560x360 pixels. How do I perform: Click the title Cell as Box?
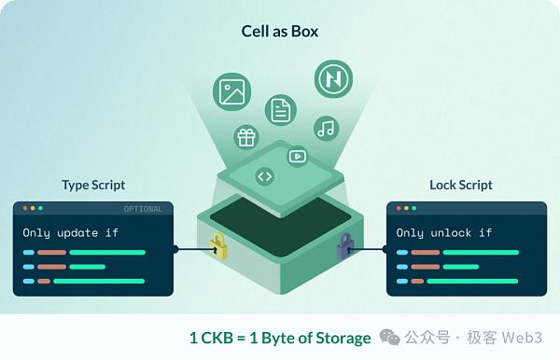(x=280, y=32)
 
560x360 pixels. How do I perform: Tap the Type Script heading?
(x=93, y=185)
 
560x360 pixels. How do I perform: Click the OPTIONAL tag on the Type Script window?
(x=143, y=209)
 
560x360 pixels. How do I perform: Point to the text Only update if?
(x=71, y=232)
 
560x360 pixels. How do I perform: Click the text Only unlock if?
(x=444, y=232)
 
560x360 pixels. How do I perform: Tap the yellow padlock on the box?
(x=217, y=246)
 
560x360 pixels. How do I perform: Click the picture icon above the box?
(x=231, y=91)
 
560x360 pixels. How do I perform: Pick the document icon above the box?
(x=279, y=111)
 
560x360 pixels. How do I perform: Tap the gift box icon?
(x=246, y=138)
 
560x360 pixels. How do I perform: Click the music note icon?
(x=325, y=128)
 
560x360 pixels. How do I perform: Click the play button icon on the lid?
(x=297, y=157)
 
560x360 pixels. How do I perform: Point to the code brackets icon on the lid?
(x=264, y=175)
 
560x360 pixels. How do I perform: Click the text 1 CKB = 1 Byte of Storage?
(x=280, y=338)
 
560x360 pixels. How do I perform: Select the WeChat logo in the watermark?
(x=393, y=337)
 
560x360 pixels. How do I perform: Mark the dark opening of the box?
(x=280, y=217)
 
